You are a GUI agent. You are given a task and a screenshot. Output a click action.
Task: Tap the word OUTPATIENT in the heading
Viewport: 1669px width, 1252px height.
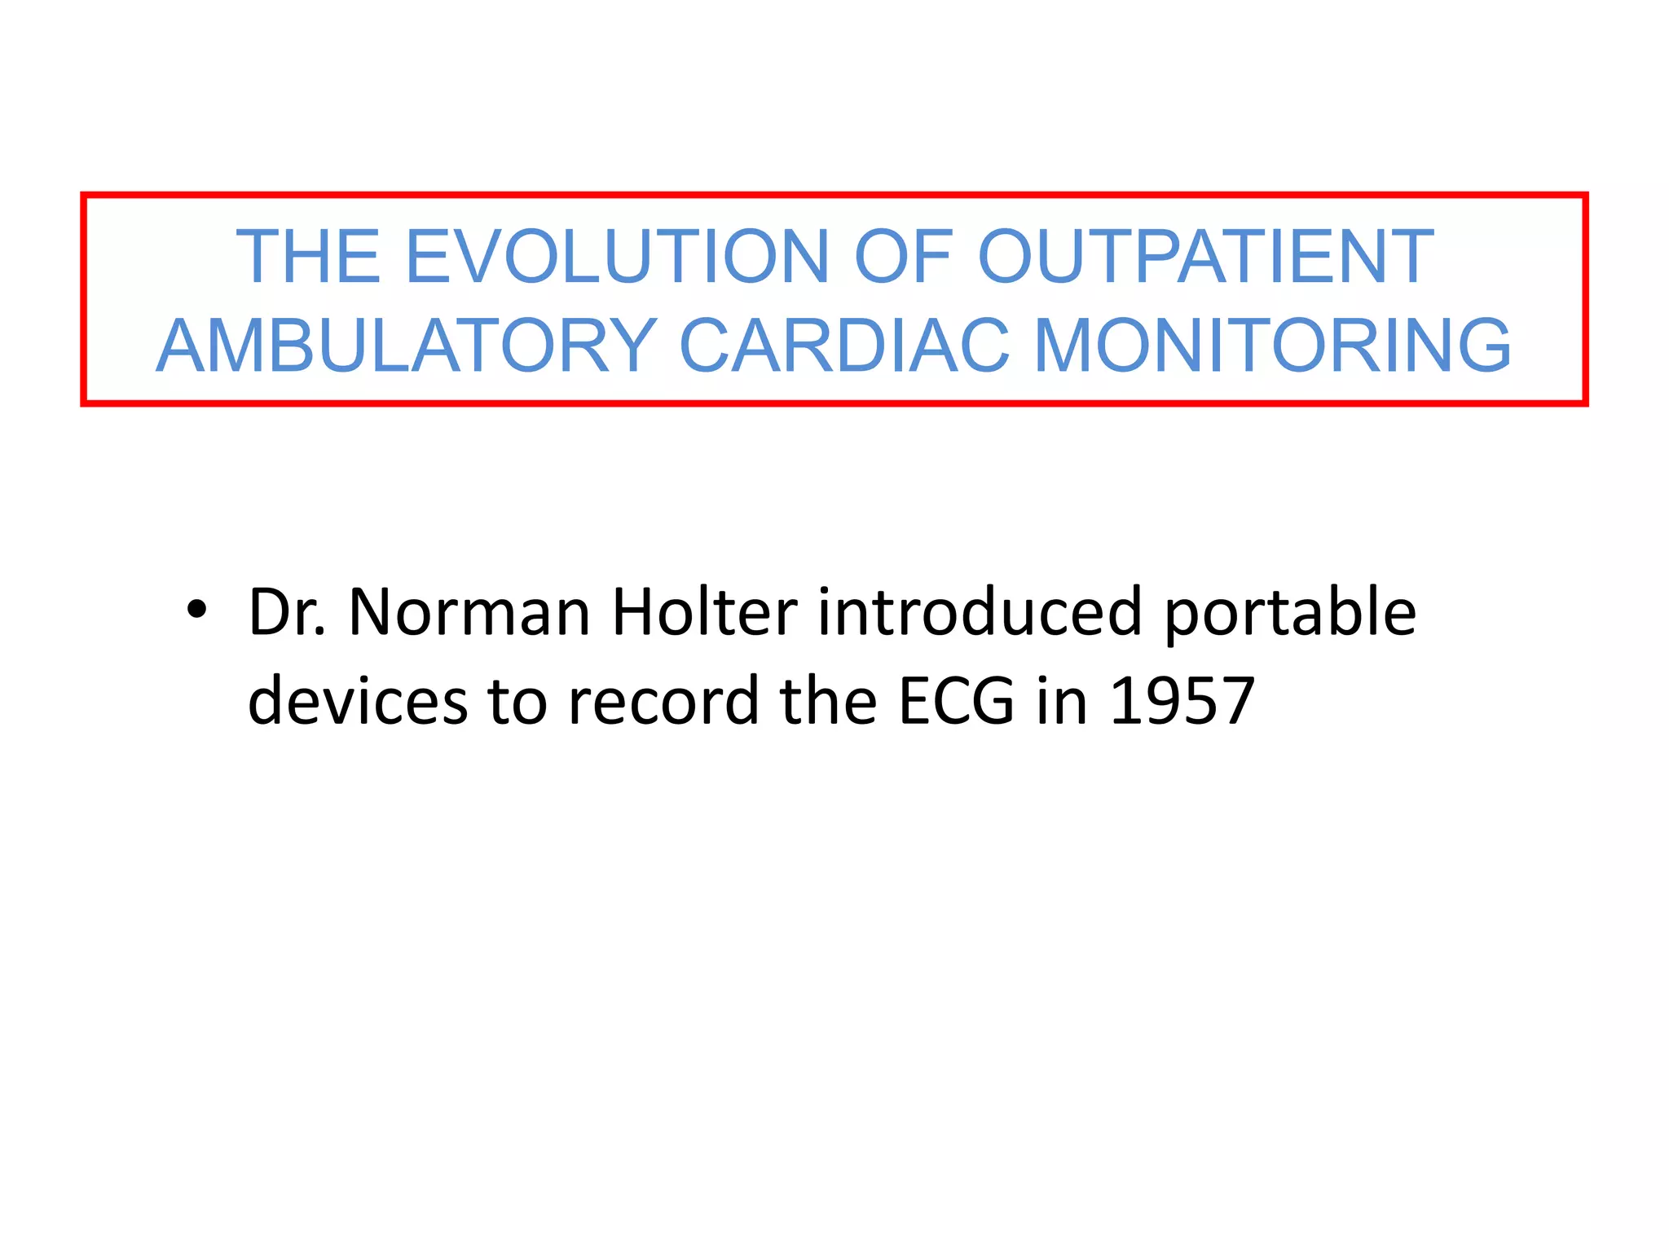coord(1205,257)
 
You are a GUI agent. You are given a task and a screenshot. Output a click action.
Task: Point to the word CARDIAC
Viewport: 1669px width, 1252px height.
coord(844,346)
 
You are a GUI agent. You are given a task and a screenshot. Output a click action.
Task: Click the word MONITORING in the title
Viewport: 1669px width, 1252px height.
coord(1272,346)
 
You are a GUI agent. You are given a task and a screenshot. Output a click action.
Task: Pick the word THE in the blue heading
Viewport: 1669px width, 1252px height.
coord(308,257)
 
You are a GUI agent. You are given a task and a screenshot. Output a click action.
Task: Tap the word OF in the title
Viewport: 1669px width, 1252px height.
coord(902,257)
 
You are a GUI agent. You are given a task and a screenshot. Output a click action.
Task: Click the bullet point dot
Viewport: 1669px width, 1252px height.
coord(196,610)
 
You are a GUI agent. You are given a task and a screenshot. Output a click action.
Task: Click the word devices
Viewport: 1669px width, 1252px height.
coord(357,701)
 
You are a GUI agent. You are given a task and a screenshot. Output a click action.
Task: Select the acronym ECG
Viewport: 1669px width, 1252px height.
coord(956,701)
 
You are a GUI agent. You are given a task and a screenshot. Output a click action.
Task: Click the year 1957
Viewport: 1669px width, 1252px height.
coord(1182,701)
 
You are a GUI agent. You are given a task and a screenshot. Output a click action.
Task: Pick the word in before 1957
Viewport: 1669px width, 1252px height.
coord(1061,701)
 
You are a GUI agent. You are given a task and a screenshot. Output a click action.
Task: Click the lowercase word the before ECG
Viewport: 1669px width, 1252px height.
coord(828,701)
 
